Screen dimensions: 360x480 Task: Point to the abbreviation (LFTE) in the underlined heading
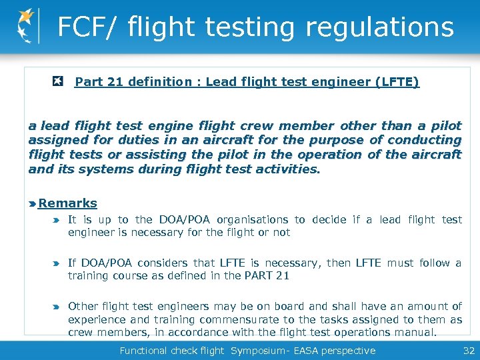click(397, 82)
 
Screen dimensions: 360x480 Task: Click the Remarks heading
click(67, 203)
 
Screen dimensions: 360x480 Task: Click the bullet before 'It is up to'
click(57, 220)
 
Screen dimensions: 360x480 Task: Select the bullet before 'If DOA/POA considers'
click(57, 263)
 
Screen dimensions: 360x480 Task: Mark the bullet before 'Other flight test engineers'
click(57, 307)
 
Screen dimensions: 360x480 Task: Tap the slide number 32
click(467, 351)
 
